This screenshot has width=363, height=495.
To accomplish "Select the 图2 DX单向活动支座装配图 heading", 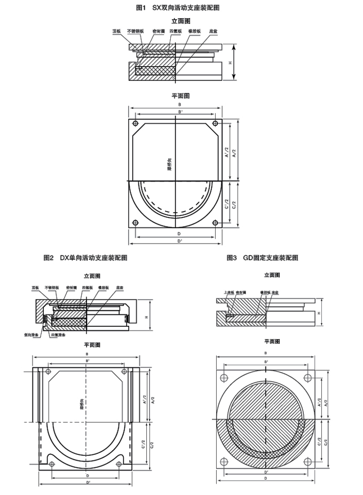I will click(85, 257).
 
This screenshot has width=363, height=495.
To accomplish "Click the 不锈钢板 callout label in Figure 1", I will click(135, 32).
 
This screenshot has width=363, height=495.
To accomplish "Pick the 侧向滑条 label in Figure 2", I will click(31, 335).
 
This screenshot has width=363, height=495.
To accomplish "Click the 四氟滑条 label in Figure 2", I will click(58, 335).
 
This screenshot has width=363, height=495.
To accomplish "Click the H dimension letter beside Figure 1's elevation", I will click(231, 62).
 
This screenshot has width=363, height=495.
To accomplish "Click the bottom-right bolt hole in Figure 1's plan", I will click(215, 223).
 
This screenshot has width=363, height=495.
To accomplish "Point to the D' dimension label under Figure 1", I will click(179, 241).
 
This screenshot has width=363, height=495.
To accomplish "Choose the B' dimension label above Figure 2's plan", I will click(87, 362).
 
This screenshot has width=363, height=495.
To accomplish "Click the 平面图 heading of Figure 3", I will click(272, 341).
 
